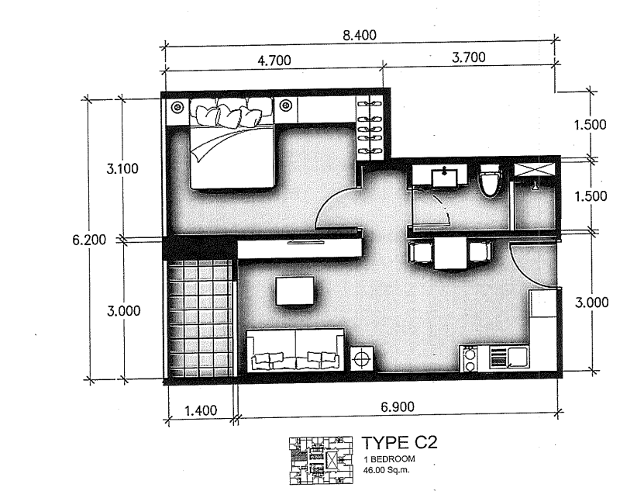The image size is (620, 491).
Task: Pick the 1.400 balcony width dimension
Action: point(200,410)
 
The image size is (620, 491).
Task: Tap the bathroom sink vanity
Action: point(439,177)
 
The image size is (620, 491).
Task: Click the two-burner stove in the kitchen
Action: point(469,358)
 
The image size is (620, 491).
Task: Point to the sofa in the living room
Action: point(296,352)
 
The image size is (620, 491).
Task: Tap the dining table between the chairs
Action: point(450,254)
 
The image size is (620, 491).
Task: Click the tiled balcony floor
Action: point(199,318)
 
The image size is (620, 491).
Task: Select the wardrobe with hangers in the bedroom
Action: point(369,128)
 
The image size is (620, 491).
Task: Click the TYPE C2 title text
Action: point(400,444)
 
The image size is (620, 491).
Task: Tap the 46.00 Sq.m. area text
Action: point(388,469)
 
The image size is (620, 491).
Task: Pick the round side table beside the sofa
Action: point(362,359)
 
